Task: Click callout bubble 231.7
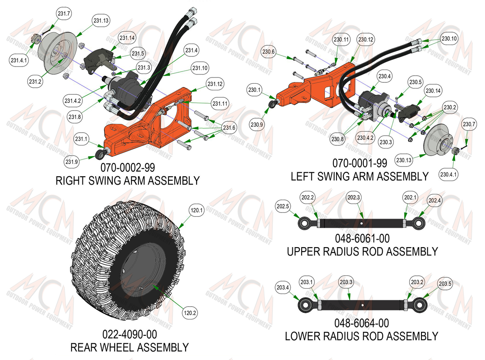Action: click(64, 14)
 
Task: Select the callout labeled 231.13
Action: click(101, 21)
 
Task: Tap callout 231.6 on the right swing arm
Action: click(229, 128)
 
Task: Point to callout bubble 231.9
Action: click(72, 162)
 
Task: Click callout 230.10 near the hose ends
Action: click(449, 39)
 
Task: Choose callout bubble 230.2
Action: click(450, 108)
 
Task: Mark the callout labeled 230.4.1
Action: click(448, 174)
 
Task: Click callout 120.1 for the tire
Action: click(197, 211)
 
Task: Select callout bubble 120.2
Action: click(190, 313)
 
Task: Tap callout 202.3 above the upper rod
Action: click(354, 197)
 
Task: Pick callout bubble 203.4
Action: click(283, 288)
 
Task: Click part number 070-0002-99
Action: click(128, 167)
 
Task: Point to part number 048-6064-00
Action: click(362, 323)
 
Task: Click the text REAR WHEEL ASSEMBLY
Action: click(130, 348)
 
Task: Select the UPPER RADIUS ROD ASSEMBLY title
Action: click(362, 252)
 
